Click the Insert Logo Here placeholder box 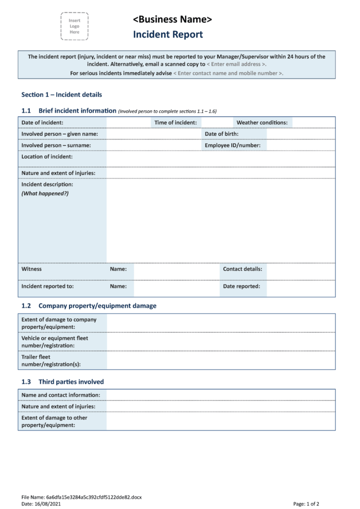74,26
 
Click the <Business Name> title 172,19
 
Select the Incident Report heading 168,34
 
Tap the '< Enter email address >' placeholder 236,64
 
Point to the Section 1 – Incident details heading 62,94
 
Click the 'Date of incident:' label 42,122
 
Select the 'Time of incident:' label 176,122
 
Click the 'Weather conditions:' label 262,122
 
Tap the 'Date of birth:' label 222,134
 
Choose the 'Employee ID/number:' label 233,145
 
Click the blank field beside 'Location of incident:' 220,159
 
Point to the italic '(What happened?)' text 45,193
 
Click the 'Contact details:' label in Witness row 243,269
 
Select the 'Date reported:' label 242,286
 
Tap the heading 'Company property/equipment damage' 97,306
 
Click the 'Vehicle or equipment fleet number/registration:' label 55,341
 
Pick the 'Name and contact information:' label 61,395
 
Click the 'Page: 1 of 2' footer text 306,504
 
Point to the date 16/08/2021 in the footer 54,504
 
